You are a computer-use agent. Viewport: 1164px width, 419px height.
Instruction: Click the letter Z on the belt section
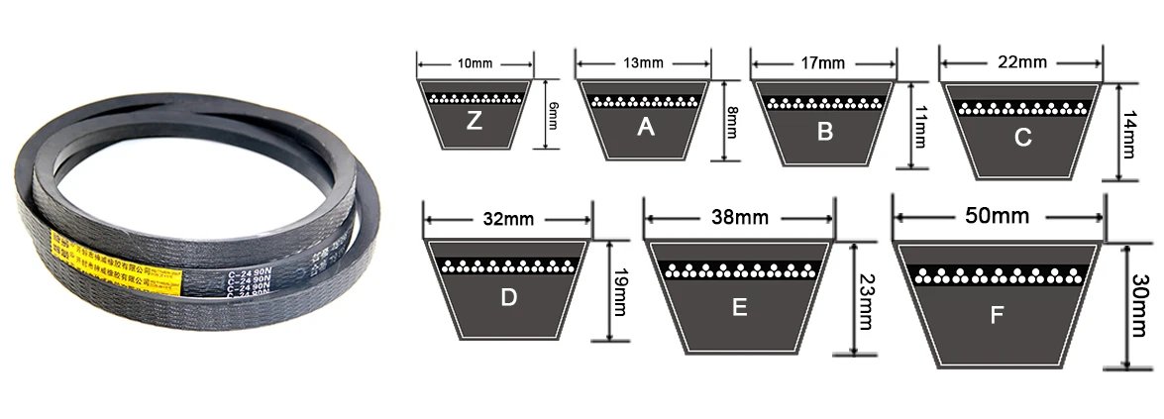474,122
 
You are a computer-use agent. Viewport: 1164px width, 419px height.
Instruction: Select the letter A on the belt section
646,126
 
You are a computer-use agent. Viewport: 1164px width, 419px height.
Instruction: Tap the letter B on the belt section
824,130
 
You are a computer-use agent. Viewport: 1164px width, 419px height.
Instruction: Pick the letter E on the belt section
739,307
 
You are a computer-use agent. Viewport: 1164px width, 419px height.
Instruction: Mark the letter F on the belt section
997,316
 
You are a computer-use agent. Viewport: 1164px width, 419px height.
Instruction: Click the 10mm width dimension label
475,64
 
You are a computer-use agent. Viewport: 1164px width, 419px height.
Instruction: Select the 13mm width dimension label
644,63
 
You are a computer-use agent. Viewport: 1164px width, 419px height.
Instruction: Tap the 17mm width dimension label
822,63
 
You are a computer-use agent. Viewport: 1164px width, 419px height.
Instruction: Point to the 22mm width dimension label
1022,62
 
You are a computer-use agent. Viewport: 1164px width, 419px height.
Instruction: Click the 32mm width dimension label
506,219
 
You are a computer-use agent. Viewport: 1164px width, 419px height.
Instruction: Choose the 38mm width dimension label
738,216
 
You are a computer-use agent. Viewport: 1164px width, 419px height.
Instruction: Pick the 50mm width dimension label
998,215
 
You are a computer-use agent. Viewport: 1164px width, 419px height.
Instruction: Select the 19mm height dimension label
618,293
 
